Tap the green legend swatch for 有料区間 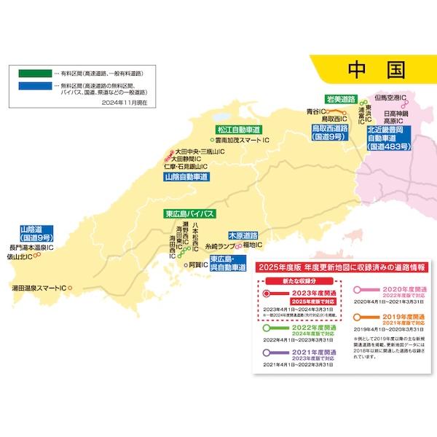[x=32, y=74]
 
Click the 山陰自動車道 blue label [x=186, y=176]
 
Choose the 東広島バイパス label [x=189, y=213]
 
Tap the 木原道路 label [x=243, y=235]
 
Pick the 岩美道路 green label [x=340, y=98]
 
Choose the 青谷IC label [x=315, y=111]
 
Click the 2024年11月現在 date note [x=125, y=103]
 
